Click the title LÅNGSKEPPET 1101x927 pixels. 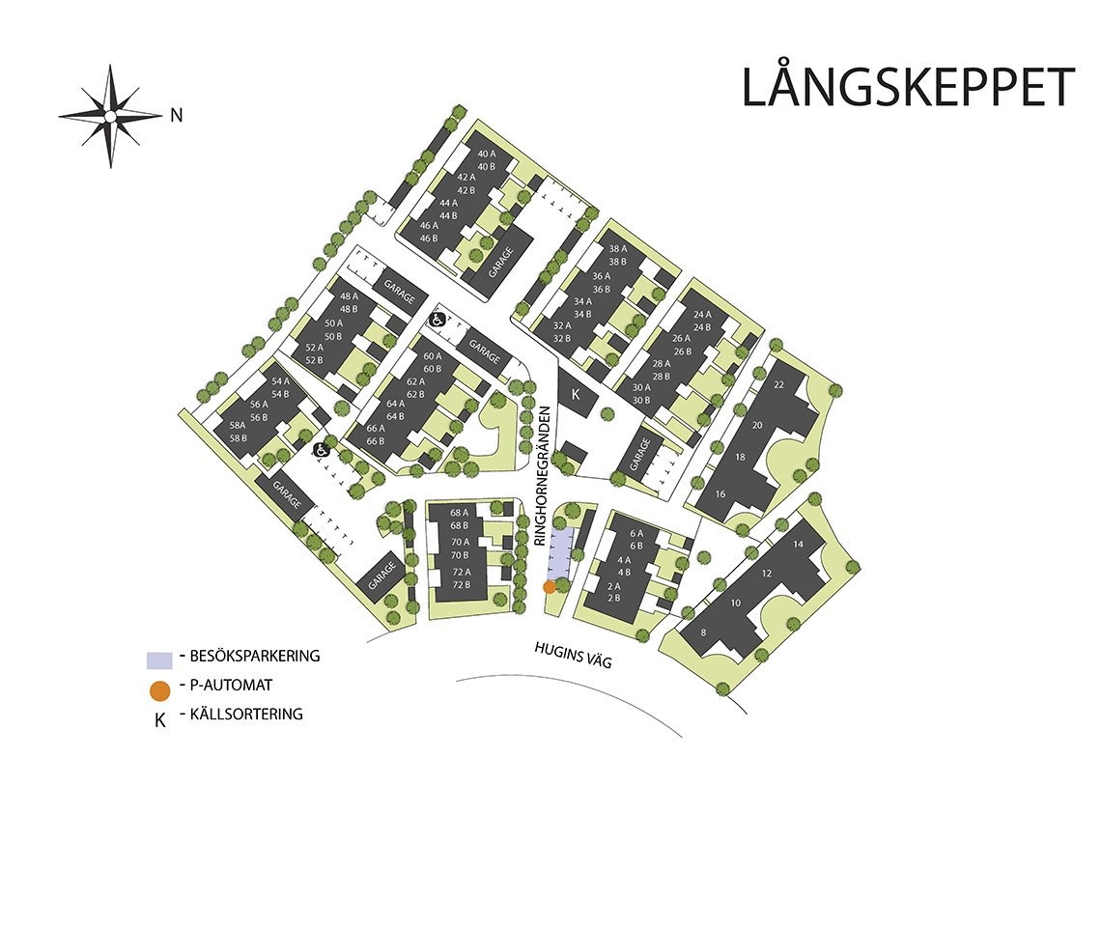pos(907,88)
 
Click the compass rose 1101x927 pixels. pos(110,116)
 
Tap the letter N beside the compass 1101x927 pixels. pos(176,116)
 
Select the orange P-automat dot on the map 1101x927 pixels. pos(549,586)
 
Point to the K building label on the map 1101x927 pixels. pos(576,395)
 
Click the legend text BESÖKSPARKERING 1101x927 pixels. pos(255,657)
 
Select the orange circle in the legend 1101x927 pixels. pos(160,689)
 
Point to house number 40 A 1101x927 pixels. pos(486,154)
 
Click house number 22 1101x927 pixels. pos(778,385)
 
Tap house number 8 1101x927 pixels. pos(703,633)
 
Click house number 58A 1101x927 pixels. pos(237,426)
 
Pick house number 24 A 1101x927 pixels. pos(702,314)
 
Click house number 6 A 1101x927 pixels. pos(635,534)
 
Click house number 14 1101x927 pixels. pos(798,545)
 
